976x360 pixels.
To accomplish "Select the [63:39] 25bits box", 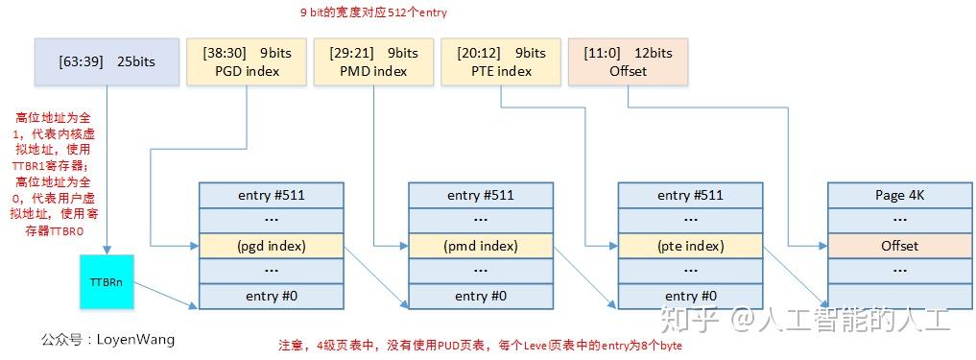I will (107, 62).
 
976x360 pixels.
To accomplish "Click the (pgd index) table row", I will (271, 246).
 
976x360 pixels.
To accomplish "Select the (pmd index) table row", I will (481, 246).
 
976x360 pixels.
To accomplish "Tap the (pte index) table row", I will (690, 246).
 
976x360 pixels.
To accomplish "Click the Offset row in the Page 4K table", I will (899, 246).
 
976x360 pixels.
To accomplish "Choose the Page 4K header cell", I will (899, 195).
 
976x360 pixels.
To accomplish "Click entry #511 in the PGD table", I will (271, 195).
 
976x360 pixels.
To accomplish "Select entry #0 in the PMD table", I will (481, 296).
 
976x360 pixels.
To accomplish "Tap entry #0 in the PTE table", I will (690, 296).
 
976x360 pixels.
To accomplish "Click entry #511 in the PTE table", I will (690, 195).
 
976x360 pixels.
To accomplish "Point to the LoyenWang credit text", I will (108, 339).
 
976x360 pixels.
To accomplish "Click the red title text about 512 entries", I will (373, 13).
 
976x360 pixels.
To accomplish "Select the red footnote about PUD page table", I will (480, 345).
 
